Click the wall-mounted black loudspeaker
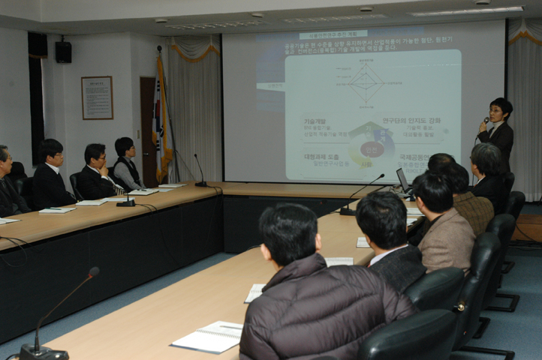pyautogui.click(x=63, y=51)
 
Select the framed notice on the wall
pyautogui.click(x=97, y=97)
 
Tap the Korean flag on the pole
pyautogui.click(x=161, y=120)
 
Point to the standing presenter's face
pyautogui.click(x=497, y=112)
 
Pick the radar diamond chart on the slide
pyautogui.click(x=366, y=82)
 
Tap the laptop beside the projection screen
pyautogui.click(x=403, y=181)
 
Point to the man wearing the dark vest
pyautogui.click(x=126, y=164)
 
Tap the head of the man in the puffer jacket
pyautogui.click(x=289, y=232)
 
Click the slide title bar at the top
pyautogui.click(x=333, y=34)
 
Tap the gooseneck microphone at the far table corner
pyautogui.click(x=200, y=172)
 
